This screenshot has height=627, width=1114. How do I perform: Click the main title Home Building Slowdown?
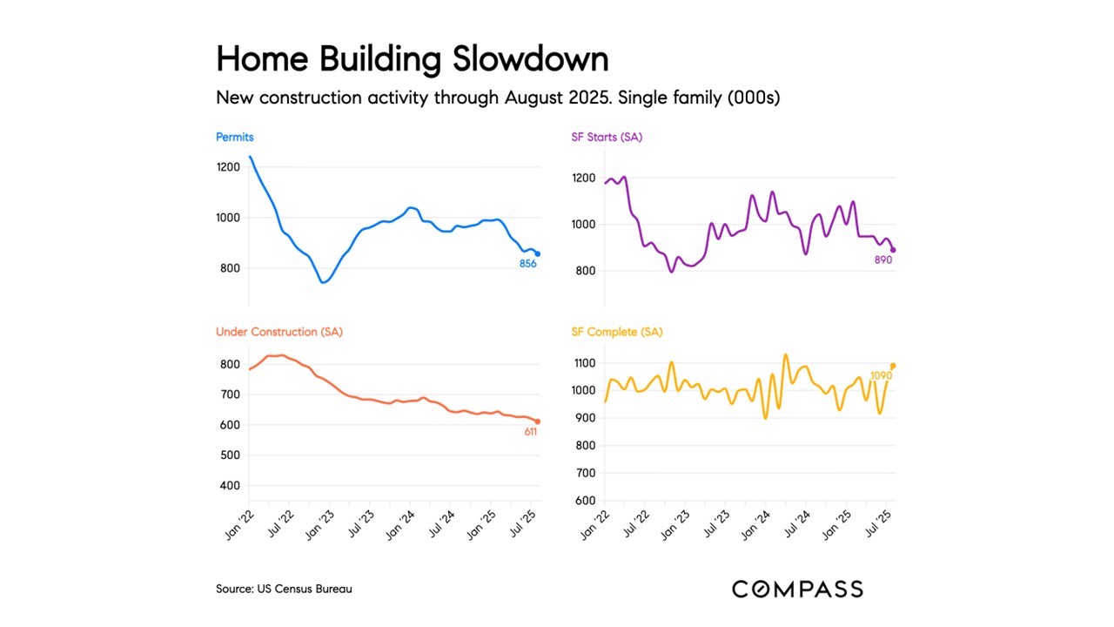412,59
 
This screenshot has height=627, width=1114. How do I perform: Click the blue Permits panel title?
235,137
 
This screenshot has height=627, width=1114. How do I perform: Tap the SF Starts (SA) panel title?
607,137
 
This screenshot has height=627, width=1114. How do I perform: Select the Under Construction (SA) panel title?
278,332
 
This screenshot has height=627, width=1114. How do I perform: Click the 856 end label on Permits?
527,264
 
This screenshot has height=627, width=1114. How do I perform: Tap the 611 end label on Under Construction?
530,432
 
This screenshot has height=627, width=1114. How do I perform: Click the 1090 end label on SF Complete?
882,376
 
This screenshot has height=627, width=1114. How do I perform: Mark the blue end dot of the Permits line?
537,253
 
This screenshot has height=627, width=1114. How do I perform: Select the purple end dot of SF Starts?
893,250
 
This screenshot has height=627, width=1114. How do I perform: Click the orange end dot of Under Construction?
537,421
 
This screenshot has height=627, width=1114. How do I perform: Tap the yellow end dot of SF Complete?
893,366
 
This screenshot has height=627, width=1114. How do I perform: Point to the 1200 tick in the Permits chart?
229,167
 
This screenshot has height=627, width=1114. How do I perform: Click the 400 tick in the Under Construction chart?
232,486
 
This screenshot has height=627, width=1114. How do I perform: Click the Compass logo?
797,589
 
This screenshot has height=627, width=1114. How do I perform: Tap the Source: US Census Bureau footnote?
284,589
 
